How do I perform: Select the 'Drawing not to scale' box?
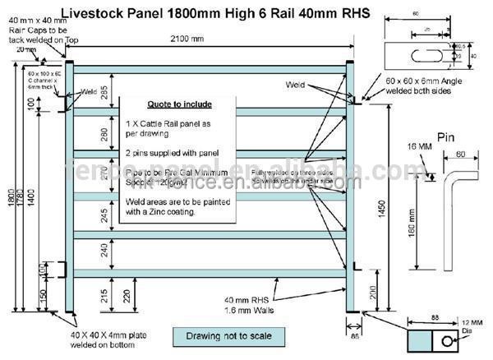223,335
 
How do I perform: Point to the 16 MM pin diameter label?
419,146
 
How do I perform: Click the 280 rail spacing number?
104,132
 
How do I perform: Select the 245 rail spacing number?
104,215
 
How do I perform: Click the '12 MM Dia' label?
468,327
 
